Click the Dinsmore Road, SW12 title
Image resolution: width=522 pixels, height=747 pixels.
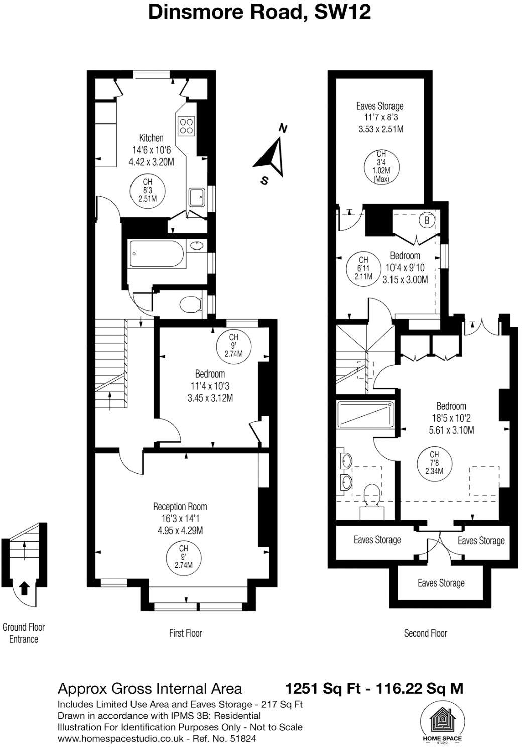(x=259, y=11)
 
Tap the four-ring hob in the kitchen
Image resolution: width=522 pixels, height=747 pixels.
(x=187, y=126)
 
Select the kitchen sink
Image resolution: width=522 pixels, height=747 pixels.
(x=196, y=197)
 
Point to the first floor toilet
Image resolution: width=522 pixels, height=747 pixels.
(x=191, y=304)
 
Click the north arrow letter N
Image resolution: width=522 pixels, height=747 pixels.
(x=283, y=129)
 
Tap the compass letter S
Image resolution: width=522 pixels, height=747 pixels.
(x=264, y=181)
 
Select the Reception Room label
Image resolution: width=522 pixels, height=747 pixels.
(x=180, y=507)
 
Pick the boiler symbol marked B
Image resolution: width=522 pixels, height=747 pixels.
(x=427, y=220)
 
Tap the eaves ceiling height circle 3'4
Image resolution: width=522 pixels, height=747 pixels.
(x=381, y=166)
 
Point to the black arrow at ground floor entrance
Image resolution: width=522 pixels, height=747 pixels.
(x=24, y=587)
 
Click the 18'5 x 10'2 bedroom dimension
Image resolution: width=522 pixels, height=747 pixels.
(x=451, y=418)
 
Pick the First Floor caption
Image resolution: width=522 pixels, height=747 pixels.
(x=185, y=633)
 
